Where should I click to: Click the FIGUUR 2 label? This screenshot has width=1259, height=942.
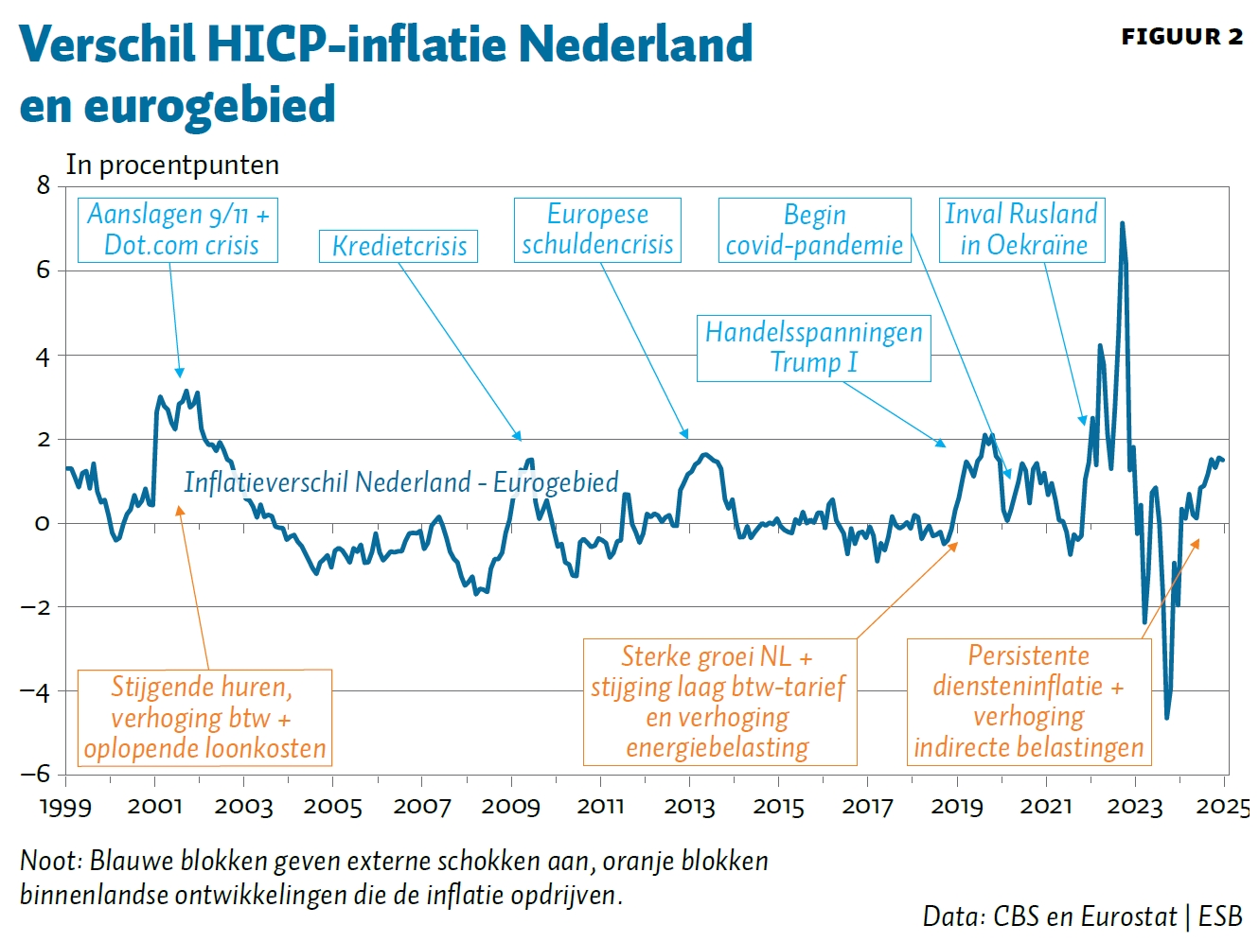pos(1181,37)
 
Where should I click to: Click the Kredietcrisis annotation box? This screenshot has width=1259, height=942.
pos(399,247)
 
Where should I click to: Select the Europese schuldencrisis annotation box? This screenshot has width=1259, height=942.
pos(597,230)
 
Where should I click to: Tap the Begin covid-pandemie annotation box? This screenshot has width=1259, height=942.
pos(814,230)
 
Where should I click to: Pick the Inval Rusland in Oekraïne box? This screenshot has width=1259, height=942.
pos(1022,230)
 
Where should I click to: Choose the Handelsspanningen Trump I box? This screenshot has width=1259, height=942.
pos(813,347)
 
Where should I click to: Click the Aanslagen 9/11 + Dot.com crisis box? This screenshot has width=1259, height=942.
pos(179,230)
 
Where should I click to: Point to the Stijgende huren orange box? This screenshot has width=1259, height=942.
pos(204,717)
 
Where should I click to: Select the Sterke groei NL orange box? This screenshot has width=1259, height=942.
pos(718,702)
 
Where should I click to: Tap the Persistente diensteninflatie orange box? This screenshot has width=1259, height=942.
pos(1029,701)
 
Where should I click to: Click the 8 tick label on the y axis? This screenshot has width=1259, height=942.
pos(44,185)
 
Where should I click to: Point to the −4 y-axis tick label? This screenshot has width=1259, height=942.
pos(36,691)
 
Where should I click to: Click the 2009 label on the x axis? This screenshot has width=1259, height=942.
pos(510,807)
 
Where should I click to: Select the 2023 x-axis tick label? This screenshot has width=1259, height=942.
pos(1134,807)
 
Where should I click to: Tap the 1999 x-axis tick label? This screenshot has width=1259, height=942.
pos(65,807)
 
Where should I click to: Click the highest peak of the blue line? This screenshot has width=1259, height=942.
pos(1122,224)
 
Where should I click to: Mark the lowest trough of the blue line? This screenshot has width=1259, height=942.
pos(1166,718)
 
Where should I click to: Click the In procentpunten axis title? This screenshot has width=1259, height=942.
pos(172,165)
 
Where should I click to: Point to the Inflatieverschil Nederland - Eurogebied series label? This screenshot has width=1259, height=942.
pos(400,482)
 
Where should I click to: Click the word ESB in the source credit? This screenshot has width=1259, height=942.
pos(1220,916)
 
